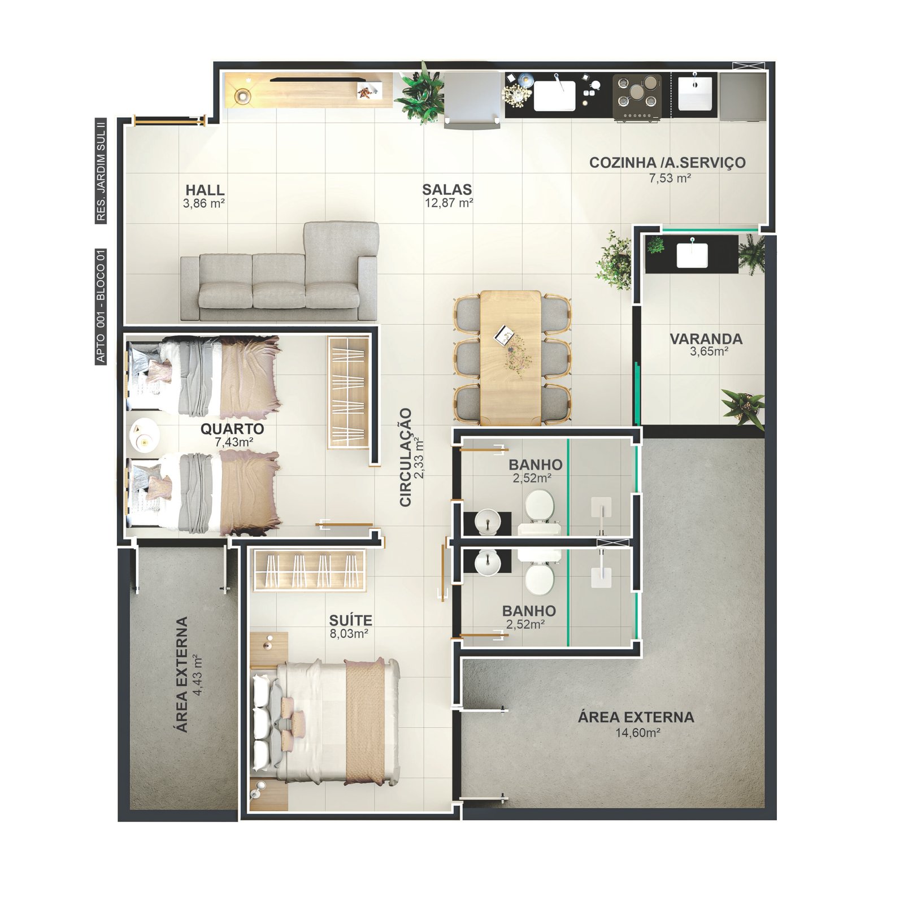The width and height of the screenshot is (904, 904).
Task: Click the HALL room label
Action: pos(205,190)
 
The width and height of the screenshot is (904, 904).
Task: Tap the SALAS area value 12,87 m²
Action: pos(449,203)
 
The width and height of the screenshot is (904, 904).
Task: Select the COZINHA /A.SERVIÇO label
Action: pos(667,163)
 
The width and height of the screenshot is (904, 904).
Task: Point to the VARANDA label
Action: pos(706,339)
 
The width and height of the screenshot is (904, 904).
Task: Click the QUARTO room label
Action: pos(232,429)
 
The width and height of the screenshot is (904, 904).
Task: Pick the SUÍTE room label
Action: pos(350,620)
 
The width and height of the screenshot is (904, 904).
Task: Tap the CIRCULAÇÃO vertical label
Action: pos(406,458)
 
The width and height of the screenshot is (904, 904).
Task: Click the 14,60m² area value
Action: pos(638,733)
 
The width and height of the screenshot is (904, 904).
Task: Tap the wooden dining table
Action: pos(511,358)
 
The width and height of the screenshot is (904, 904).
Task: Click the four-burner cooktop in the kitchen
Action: pos(637,97)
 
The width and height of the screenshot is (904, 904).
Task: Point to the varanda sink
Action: pos(692,254)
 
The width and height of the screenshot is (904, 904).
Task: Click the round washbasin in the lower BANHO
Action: pos(487,563)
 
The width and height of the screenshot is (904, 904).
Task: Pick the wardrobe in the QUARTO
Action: pos(349,392)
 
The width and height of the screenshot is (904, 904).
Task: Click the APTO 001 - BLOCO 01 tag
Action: pos(101,306)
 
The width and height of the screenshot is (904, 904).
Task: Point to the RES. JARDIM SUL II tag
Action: pos(101,170)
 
